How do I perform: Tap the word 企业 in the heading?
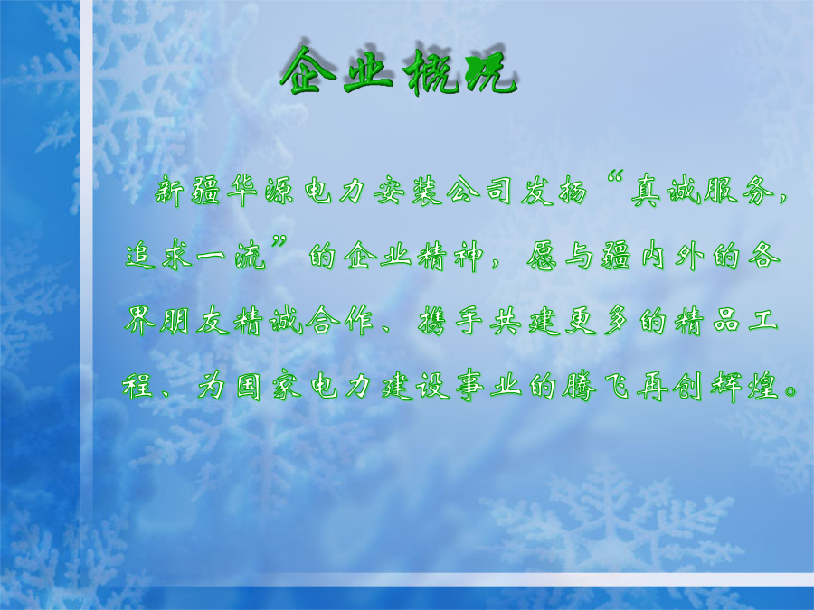(337, 70)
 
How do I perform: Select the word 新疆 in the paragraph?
(187, 191)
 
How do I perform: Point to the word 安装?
(408, 191)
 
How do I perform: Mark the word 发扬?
(555, 191)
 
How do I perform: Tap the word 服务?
(739, 191)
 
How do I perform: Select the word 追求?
(159, 256)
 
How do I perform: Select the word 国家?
(269, 387)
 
